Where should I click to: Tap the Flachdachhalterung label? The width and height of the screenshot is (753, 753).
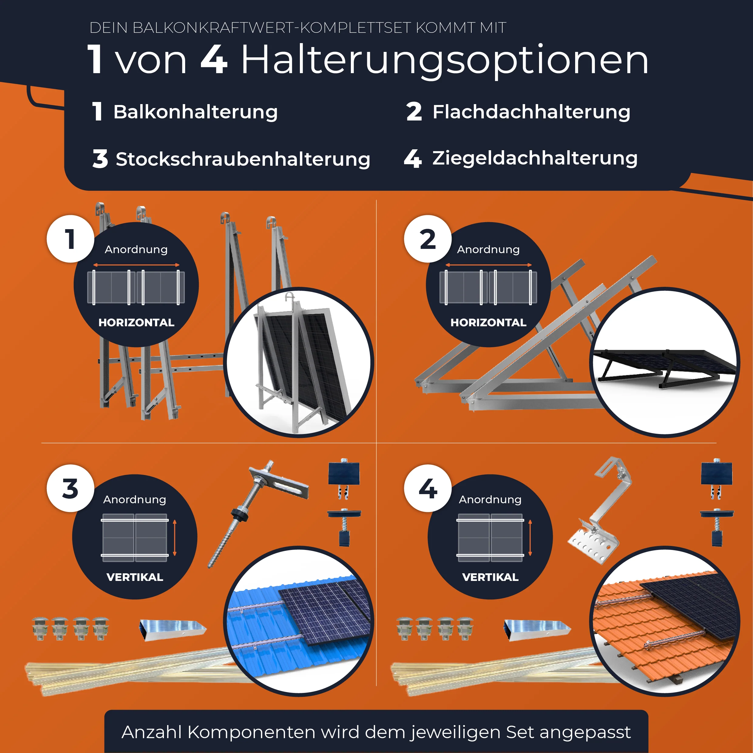point(531,112)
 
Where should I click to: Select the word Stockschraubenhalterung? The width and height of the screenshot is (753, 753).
point(243,159)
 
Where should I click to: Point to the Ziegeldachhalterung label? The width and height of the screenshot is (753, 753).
point(535,158)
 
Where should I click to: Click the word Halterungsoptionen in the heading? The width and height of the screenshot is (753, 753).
point(444,60)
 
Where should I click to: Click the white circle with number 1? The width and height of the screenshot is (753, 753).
point(70,239)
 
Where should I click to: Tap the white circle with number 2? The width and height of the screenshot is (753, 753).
point(428,239)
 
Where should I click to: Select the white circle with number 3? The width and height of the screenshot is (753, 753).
point(70,488)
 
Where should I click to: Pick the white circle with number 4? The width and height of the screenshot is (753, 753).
point(428,488)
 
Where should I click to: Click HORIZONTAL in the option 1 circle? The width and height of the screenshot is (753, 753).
point(136,323)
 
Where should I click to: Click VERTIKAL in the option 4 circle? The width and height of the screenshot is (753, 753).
point(490,577)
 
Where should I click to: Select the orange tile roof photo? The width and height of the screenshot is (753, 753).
point(664,622)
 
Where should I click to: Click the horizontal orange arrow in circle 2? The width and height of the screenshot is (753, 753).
point(488,265)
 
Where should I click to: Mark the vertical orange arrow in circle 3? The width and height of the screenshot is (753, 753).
point(175,538)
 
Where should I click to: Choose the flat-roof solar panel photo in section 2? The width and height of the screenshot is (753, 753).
point(664,362)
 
